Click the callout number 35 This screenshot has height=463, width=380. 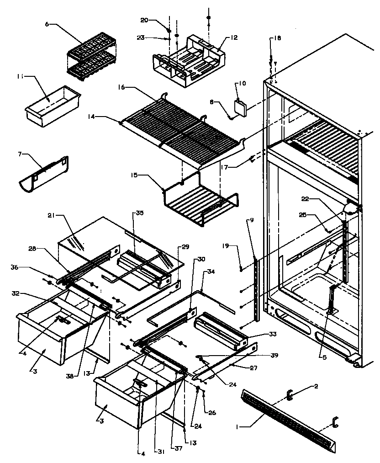[x=140, y=213]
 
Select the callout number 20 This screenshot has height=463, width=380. [x=144, y=20]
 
